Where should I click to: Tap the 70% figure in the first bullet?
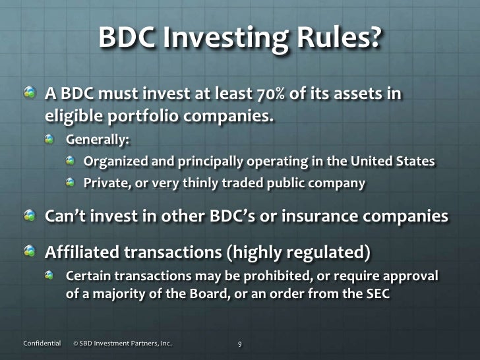[255, 95]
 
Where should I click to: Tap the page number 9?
[241, 343]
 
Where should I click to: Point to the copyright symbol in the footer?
[76, 343]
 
